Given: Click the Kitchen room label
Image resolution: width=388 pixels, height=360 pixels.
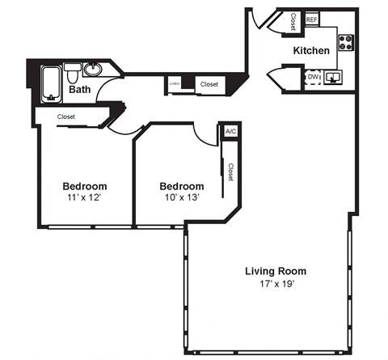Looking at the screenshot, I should (x=311, y=50).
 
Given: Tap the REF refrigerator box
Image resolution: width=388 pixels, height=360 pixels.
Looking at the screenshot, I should (x=312, y=20).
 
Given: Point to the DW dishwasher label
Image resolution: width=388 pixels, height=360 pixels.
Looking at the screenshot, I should (x=313, y=77).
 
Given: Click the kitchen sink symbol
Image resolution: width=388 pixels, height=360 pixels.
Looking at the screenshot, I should (x=335, y=78).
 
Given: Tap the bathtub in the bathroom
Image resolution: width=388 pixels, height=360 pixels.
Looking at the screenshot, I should (x=52, y=83).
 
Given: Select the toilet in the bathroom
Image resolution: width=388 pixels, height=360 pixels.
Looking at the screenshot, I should (x=74, y=77).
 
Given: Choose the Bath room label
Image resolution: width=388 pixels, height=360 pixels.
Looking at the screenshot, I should (x=79, y=90).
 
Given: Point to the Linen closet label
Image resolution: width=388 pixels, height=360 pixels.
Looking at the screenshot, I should (x=174, y=83).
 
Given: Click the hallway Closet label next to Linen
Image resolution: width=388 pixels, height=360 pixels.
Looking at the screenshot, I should (x=209, y=83).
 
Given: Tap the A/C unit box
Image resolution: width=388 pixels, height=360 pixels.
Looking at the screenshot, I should (x=230, y=131).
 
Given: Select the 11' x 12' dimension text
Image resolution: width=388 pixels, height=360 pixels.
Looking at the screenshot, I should (x=85, y=197).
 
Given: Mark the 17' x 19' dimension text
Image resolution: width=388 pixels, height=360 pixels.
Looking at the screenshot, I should (x=275, y=284).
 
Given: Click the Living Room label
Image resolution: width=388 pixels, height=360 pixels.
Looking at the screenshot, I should (x=276, y=271).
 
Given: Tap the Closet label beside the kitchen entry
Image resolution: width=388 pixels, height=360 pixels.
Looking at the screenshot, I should (x=293, y=22).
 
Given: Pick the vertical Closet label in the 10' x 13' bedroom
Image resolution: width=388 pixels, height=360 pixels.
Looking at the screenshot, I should (x=230, y=172).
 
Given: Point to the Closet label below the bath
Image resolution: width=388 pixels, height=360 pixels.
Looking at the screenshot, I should (x=66, y=116).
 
